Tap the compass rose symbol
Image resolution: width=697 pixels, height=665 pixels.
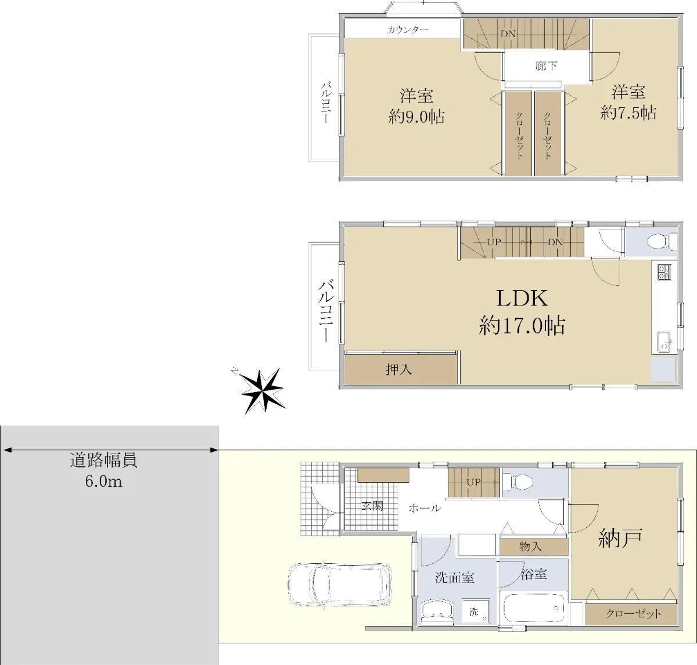(x=261, y=390)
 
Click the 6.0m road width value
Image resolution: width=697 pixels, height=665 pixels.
(x=103, y=481)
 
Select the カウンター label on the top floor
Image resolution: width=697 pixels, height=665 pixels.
(x=407, y=30)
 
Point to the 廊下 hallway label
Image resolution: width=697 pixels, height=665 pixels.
(x=546, y=66)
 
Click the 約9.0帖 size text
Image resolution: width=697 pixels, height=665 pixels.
(x=416, y=117)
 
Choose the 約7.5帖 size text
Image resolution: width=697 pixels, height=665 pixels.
(x=628, y=113)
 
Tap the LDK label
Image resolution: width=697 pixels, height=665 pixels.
(x=522, y=298)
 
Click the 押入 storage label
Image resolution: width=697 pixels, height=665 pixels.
(x=399, y=370)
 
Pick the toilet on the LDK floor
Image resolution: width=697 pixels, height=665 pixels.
(x=662, y=242)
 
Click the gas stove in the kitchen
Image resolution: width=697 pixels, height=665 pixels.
(x=664, y=272)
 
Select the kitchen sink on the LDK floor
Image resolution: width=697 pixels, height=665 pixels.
(x=664, y=342)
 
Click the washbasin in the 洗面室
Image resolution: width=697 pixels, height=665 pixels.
(x=438, y=612)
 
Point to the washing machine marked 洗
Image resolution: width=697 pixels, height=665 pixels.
(x=476, y=612)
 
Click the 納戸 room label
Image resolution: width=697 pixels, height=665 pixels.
(x=620, y=539)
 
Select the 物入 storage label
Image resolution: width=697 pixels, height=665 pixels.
(x=530, y=547)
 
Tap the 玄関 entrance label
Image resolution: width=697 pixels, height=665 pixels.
(x=372, y=505)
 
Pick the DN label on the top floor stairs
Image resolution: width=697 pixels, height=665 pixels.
(x=508, y=34)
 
